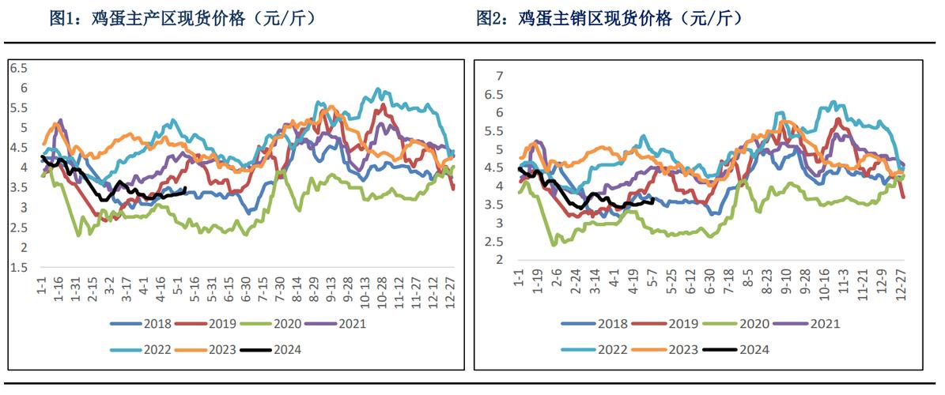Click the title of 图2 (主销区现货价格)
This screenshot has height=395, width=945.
pos(610,17)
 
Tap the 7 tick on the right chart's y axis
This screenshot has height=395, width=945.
pos(499,76)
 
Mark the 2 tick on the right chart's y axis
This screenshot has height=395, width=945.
pos(499,260)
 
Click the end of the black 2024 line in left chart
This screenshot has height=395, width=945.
pos(185,188)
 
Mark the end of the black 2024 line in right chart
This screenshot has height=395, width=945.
pos(652,201)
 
